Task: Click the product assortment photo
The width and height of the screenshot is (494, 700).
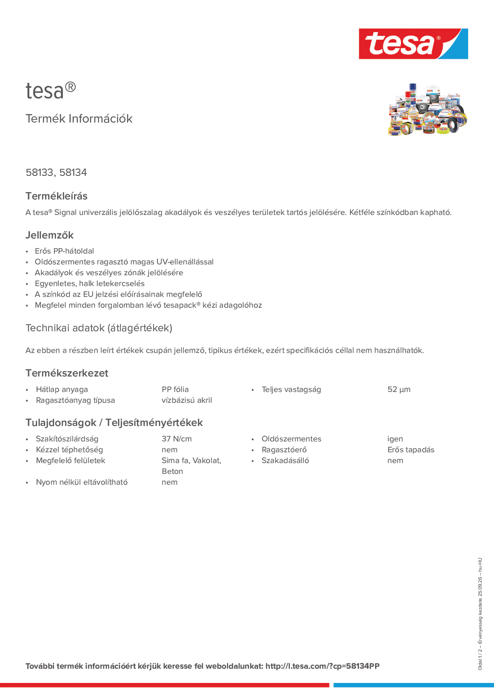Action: (427, 110)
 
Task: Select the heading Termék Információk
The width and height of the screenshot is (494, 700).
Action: (79, 119)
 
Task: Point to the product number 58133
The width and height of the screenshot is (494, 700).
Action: (39, 172)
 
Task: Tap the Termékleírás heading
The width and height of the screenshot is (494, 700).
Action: (56, 196)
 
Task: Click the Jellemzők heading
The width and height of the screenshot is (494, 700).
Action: (49, 235)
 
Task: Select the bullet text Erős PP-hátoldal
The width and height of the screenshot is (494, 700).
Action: (64, 251)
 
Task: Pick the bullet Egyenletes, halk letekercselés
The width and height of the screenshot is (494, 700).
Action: (90, 284)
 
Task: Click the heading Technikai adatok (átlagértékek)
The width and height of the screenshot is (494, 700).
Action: (99, 328)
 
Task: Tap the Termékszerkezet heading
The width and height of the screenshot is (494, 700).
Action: (67, 373)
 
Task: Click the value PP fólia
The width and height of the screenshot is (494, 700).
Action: (175, 389)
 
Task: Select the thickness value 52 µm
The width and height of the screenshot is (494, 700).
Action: (399, 389)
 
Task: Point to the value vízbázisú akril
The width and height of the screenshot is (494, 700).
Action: (186, 400)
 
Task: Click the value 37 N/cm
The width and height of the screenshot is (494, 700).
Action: (176, 439)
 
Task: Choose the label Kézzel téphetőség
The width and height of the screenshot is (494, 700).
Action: (69, 450)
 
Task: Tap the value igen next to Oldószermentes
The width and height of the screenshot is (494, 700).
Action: (395, 439)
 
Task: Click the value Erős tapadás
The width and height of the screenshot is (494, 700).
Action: (410, 450)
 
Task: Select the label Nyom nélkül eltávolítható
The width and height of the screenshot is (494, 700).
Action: (82, 482)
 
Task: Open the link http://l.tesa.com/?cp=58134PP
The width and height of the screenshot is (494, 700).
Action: (322, 666)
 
